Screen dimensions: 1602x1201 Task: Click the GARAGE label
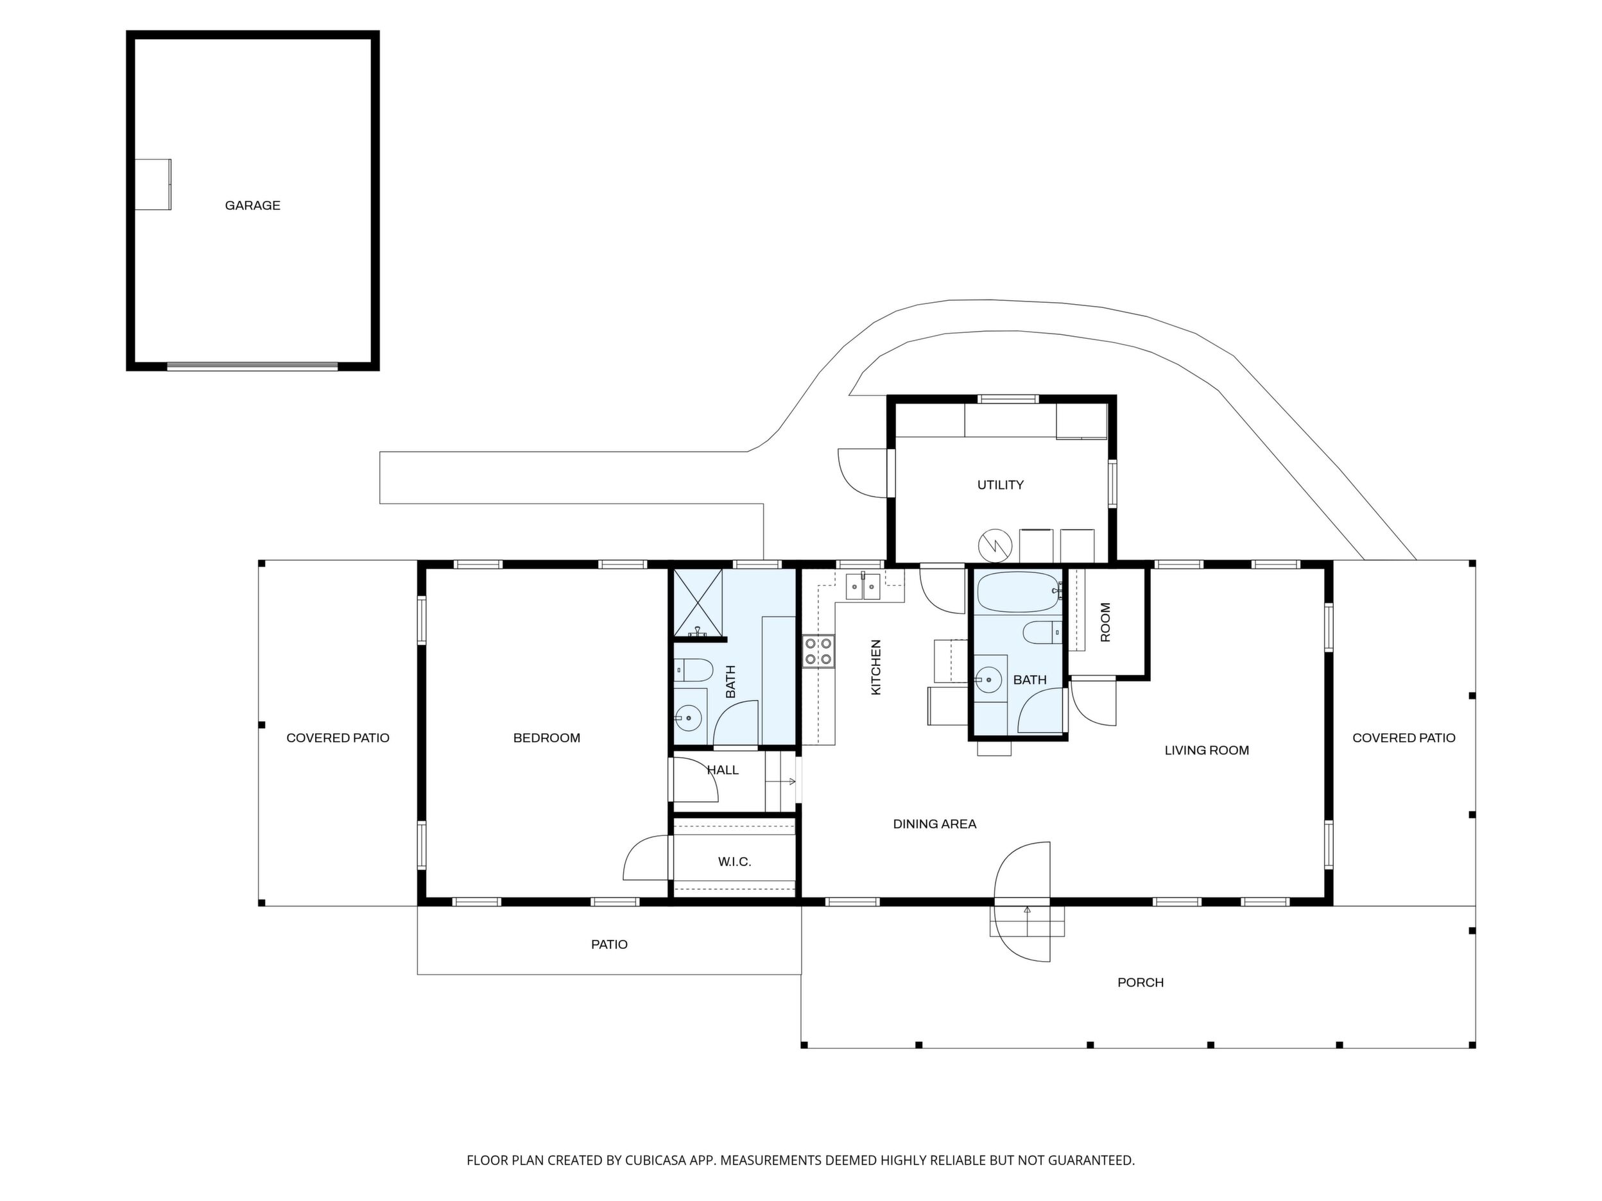[x=252, y=205]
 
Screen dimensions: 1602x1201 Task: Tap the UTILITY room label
[x=1000, y=485]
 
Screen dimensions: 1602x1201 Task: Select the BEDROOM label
[x=547, y=738]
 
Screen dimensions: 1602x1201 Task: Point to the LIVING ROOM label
[x=1207, y=751]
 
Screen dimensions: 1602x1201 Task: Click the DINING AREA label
[x=935, y=824]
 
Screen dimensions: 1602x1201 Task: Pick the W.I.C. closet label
[x=734, y=862]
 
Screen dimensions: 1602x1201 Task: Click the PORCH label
[x=1141, y=983]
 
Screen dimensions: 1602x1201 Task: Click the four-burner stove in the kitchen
[x=818, y=651]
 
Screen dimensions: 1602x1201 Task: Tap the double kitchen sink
[x=863, y=586]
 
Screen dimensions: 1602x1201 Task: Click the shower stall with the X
[x=698, y=603]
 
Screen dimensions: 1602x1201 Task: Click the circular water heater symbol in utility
[x=994, y=545]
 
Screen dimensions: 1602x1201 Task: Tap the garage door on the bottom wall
[x=252, y=367]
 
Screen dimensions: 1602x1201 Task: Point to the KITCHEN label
[x=875, y=667]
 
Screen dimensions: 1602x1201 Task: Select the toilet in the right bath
[x=1042, y=633]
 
